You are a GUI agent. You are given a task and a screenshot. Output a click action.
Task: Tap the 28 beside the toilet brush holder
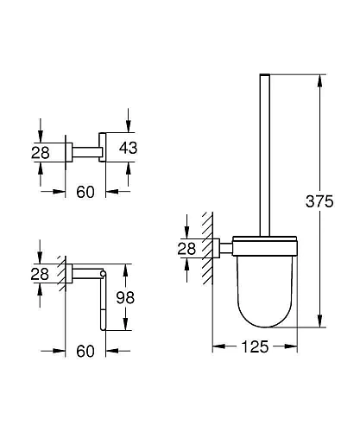pos(184,250)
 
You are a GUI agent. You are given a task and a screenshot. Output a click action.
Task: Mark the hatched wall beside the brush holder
pos(205,251)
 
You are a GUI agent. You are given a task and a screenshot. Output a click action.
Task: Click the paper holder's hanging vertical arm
pos(104,302)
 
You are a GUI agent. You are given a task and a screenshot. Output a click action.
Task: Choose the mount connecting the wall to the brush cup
pos(223,249)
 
